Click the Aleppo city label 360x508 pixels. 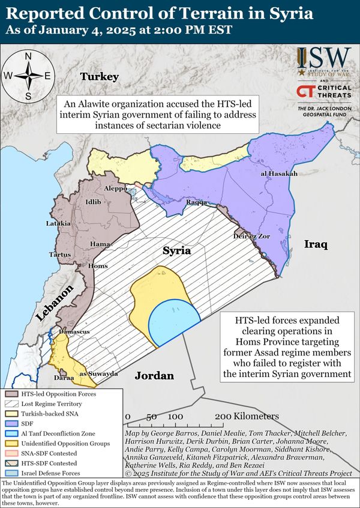point(116,188)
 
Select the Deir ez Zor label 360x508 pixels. point(252,236)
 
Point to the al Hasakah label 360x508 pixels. point(279,174)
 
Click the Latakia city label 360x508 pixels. point(58,223)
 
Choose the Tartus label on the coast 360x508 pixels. point(59,255)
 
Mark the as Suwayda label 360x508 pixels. point(99,373)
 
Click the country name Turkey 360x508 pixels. point(100,76)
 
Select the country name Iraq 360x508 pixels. point(315,245)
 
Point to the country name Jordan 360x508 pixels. point(154,376)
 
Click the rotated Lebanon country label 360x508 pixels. point(55,304)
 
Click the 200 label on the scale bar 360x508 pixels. point(223,416)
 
